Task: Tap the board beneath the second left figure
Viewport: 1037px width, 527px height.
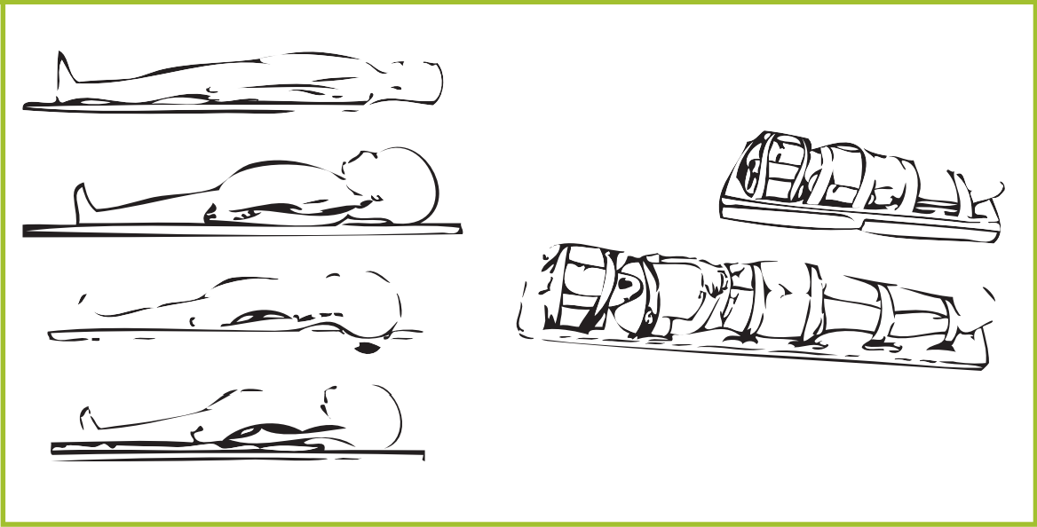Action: pyautogui.click(x=240, y=230)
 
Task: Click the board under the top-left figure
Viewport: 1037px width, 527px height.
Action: pyautogui.click(x=178, y=106)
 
